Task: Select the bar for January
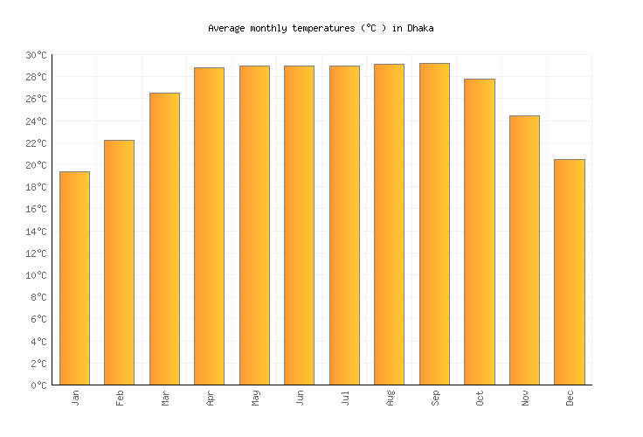pyautogui.click(x=74, y=278)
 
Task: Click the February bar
pyautogui.click(x=119, y=262)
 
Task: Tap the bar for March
pyautogui.click(x=164, y=239)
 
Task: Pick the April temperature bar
pyautogui.click(x=209, y=225)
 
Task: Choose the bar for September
pyautogui.click(x=434, y=224)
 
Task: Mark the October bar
pyautogui.click(x=479, y=232)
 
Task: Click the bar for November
pyautogui.click(x=524, y=250)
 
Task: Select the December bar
pyautogui.click(x=569, y=272)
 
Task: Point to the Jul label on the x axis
pyautogui.click(x=345, y=399)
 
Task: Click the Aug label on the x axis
pyautogui.click(x=390, y=399)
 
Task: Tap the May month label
pyautogui.click(x=255, y=399)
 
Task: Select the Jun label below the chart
pyautogui.click(x=300, y=399)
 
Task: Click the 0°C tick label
pyautogui.click(x=38, y=385)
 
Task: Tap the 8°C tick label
pyautogui.click(x=38, y=297)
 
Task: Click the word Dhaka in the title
pyautogui.click(x=421, y=28)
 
